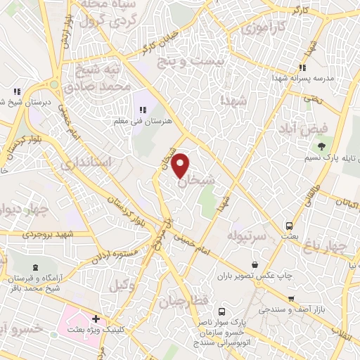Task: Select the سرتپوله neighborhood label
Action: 246,235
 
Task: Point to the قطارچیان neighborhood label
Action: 185,302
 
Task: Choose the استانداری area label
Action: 86,163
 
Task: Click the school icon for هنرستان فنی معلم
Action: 143,109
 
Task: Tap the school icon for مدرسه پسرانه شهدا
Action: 302,67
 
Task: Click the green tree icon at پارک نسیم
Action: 321,146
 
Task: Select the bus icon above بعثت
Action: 289,226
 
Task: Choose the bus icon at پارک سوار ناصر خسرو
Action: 221,311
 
